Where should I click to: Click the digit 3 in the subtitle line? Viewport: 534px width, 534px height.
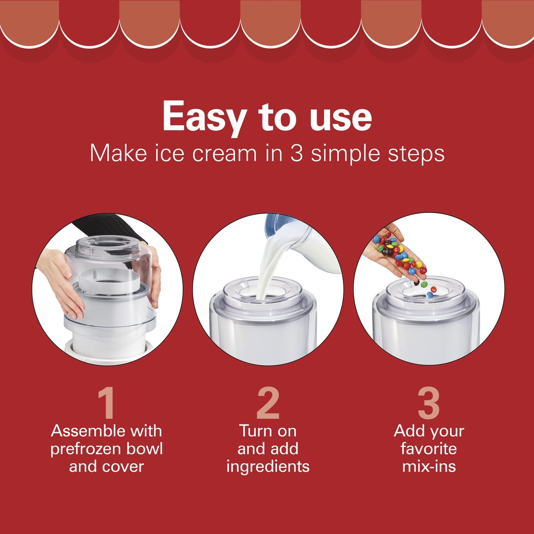click(x=297, y=153)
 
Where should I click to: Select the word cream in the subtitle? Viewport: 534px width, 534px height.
click(x=224, y=154)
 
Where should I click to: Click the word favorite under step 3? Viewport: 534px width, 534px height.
click(x=429, y=449)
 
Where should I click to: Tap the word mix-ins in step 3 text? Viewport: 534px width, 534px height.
click(x=429, y=466)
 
